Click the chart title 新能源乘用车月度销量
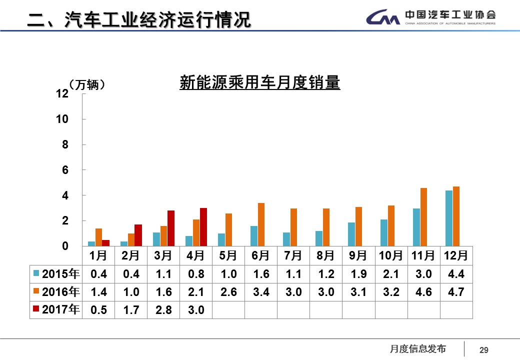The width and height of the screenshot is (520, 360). pyautogui.click(x=259, y=83)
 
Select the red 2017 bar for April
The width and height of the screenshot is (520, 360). pyautogui.click(x=203, y=227)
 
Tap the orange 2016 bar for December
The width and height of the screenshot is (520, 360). pyautogui.click(x=456, y=216)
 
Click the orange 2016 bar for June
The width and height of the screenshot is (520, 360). pyautogui.click(x=261, y=224)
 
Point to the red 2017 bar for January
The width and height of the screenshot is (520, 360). pyautogui.click(x=105, y=243)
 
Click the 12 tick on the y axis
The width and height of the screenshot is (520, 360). pyautogui.click(x=62, y=94)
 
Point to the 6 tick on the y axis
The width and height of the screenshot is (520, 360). pyautogui.click(x=64, y=170)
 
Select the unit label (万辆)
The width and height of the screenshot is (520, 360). pyautogui.click(x=87, y=84)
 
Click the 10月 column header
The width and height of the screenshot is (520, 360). pyautogui.click(x=390, y=256)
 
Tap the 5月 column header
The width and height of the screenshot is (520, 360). pyautogui.click(x=228, y=256)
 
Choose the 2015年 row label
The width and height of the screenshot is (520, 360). pyautogui.click(x=56, y=274)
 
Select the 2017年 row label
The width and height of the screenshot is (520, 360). pyautogui.click(x=56, y=310)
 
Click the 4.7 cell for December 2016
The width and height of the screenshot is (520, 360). pyautogui.click(x=456, y=292)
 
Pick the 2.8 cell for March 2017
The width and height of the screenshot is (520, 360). pyautogui.click(x=163, y=310)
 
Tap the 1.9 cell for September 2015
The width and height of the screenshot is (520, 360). pyautogui.click(x=358, y=274)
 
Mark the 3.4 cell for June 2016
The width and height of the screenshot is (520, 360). pyautogui.click(x=261, y=292)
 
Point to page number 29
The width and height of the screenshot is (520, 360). pyautogui.click(x=483, y=350)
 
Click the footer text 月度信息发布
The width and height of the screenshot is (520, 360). pyautogui.click(x=417, y=349)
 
